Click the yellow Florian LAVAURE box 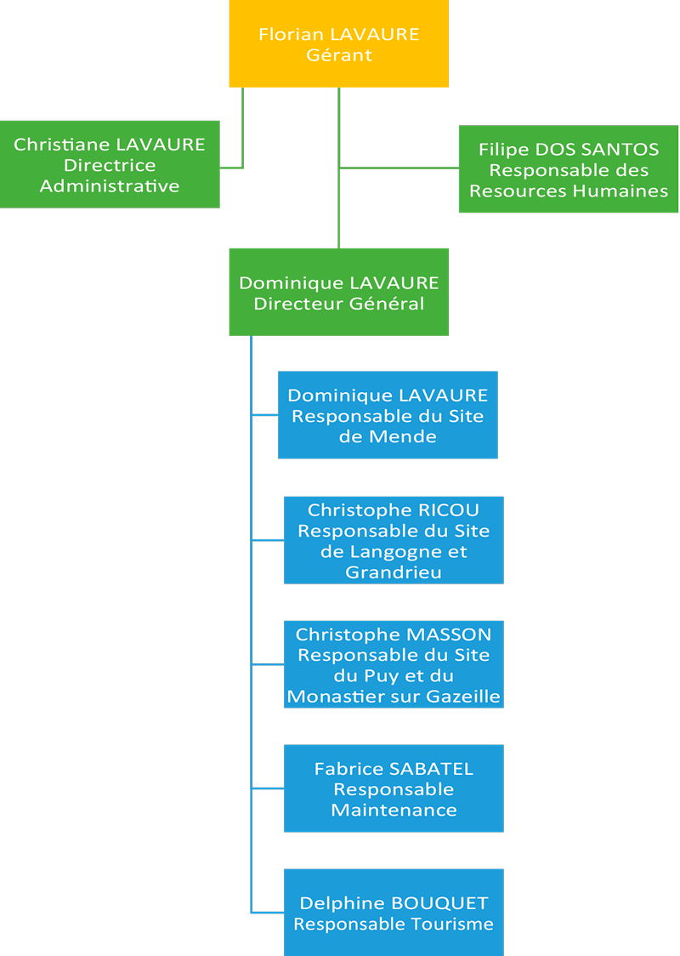(339, 43)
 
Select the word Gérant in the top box (339, 55)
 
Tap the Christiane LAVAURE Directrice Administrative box (110, 165)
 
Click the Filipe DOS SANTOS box (569, 169)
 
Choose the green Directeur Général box (339, 292)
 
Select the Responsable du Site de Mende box (388, 414)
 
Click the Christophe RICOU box (394, 540)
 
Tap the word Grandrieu (394, 572)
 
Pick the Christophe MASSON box (394, 664)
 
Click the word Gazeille (463, 697)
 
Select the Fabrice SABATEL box (394, 788)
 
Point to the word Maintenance (394, 810)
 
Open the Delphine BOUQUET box (394, 913)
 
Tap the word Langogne (394, 552)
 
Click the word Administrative (110, 186)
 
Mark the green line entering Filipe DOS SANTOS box (399, 168)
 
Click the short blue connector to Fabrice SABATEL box (268, 788)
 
